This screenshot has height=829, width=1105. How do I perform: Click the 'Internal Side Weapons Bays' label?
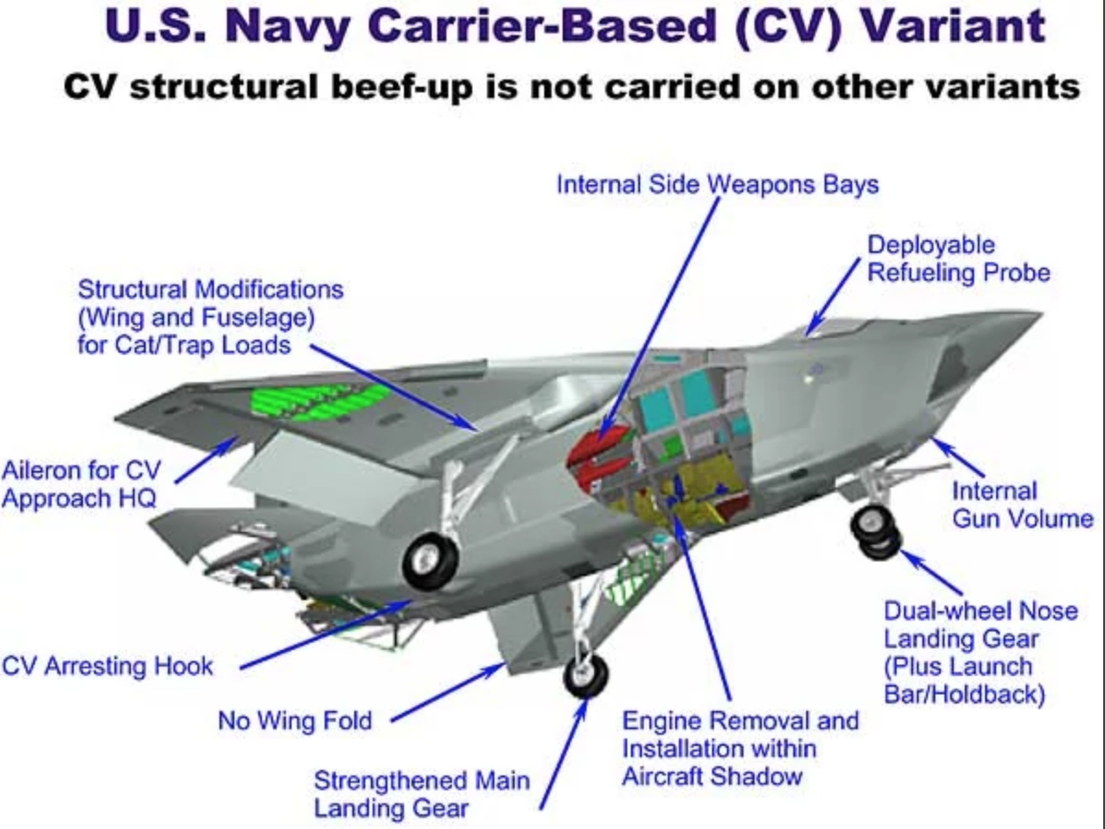717,185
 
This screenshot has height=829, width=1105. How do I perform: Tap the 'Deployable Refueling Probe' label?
958,258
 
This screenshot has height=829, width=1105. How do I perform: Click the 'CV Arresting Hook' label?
108,666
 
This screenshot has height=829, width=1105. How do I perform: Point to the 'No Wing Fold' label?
295,720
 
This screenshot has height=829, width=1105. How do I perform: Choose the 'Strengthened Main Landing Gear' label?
422,794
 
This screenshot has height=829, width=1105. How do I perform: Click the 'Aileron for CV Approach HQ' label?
79,484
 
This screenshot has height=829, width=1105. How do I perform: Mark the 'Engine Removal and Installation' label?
740,748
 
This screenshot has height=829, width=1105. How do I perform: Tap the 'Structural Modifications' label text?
210,317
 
